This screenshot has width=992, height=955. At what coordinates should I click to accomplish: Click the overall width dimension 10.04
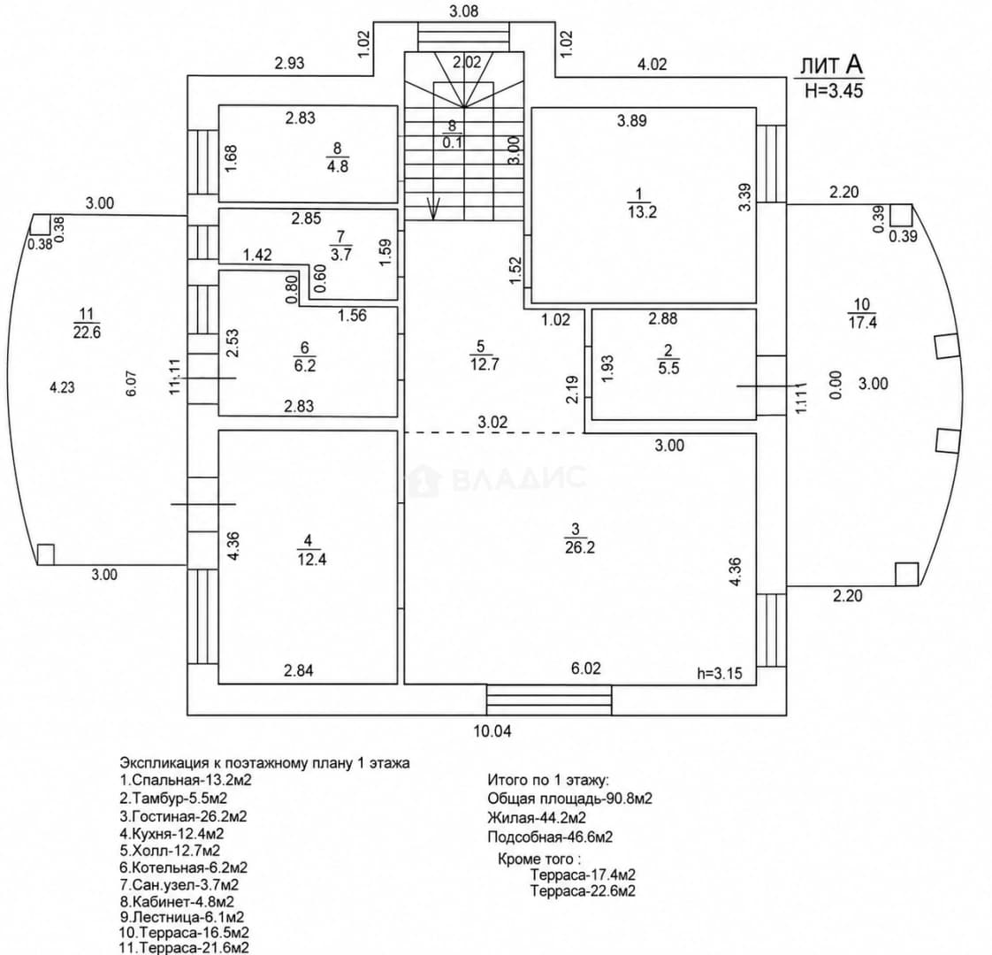[492, 731]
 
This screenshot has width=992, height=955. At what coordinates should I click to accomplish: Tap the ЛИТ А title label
[831, 65]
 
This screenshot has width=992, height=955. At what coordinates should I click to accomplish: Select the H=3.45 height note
[834, 90]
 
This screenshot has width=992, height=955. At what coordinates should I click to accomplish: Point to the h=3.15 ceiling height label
[720, 674]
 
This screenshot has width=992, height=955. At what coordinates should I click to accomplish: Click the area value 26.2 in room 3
[579, 547]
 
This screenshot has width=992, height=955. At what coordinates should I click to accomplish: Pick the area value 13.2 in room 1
[642, 212]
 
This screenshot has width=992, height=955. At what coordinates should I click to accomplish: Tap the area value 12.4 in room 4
[311, 560]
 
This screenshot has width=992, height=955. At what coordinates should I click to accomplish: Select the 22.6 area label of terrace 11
[87, 332]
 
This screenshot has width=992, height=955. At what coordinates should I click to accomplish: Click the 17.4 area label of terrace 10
[862, 322]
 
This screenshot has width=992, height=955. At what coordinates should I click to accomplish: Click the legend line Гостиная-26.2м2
[183, 816]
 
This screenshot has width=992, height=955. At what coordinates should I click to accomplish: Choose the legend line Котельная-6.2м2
[183, 867]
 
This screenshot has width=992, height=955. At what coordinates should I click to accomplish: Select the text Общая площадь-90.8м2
[569, 798]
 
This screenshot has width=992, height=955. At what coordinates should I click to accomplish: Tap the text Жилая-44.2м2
[537, 818]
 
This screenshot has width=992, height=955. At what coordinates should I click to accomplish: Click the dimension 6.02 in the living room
[586, 668]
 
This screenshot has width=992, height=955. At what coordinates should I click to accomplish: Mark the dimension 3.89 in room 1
[632, 120]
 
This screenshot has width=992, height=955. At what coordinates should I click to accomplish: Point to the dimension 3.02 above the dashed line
[492, 422]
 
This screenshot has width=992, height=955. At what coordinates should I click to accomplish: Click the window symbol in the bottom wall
[549, 700]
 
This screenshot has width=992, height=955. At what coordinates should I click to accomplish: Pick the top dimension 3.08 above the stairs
[464, 11]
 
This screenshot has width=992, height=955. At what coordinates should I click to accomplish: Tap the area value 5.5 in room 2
[668, 369]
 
